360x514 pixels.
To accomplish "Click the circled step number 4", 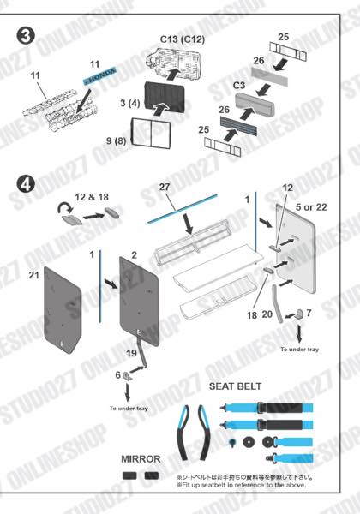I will point(27,183).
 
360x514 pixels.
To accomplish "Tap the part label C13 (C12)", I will point(183,39).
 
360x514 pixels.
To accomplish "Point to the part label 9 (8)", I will point(117,140).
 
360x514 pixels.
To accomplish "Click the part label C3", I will point(239,86).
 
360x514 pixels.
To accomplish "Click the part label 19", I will point(132,354).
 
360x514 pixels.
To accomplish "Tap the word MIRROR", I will point(141,458).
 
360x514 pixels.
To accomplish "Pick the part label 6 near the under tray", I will point(118,375).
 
